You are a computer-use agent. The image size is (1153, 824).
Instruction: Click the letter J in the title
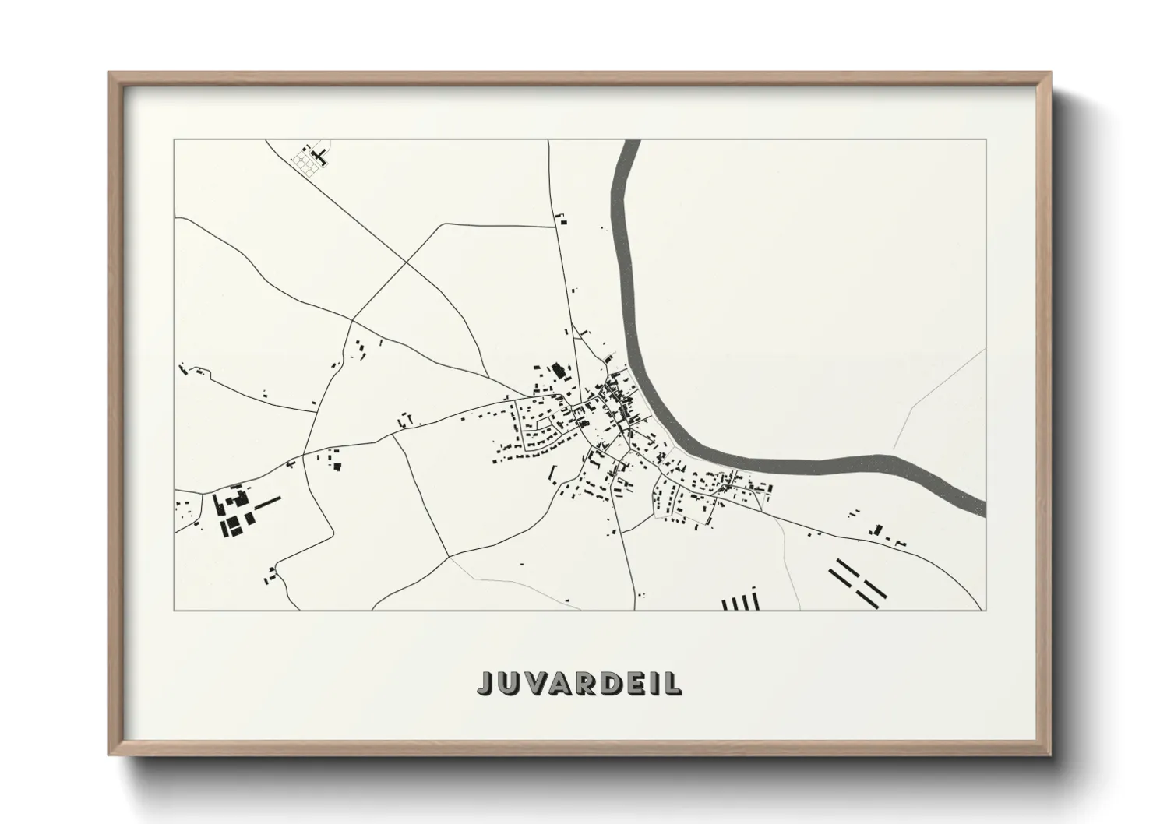pos(485,682)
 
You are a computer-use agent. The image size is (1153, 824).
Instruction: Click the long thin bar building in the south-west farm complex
pos(266,505)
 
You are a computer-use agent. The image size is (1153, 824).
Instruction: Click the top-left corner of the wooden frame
pos(109,73)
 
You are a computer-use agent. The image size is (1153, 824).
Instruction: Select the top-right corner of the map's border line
pos(986,140)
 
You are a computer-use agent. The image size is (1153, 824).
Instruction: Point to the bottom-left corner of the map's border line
pos(175,610)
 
